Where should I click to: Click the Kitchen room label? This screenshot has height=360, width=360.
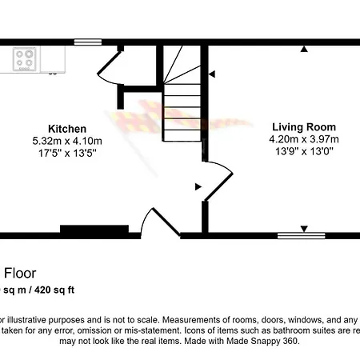[x=67, y=129]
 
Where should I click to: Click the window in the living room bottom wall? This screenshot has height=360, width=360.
[x=302, y=235]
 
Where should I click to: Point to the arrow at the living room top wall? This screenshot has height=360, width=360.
[x=304, y=50]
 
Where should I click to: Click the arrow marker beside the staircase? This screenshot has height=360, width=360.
[x=212, y=74]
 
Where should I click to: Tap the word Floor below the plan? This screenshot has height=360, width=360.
[x=21, y=274]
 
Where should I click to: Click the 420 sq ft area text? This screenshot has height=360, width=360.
[x=58, y=289]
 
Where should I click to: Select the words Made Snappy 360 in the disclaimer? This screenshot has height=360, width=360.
[x=260, y=341]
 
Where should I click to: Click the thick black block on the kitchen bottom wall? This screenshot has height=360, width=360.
[x=94, y=230]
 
